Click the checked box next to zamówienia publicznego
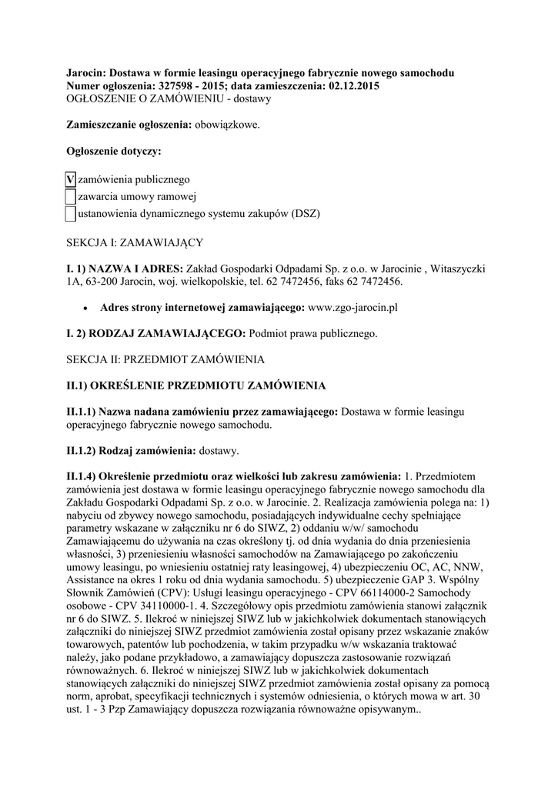pos(70,179)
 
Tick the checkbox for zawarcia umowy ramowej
pos(70,196)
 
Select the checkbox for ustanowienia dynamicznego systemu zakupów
pos(70,213)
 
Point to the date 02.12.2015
pos(351,85)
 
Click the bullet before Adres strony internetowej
pos(85,308)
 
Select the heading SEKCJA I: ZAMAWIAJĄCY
pos(135,242)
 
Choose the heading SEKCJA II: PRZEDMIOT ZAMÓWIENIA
pos(165,359)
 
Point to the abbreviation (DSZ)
pos(306,213)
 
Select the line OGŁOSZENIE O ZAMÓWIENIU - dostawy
pos(169,98)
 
